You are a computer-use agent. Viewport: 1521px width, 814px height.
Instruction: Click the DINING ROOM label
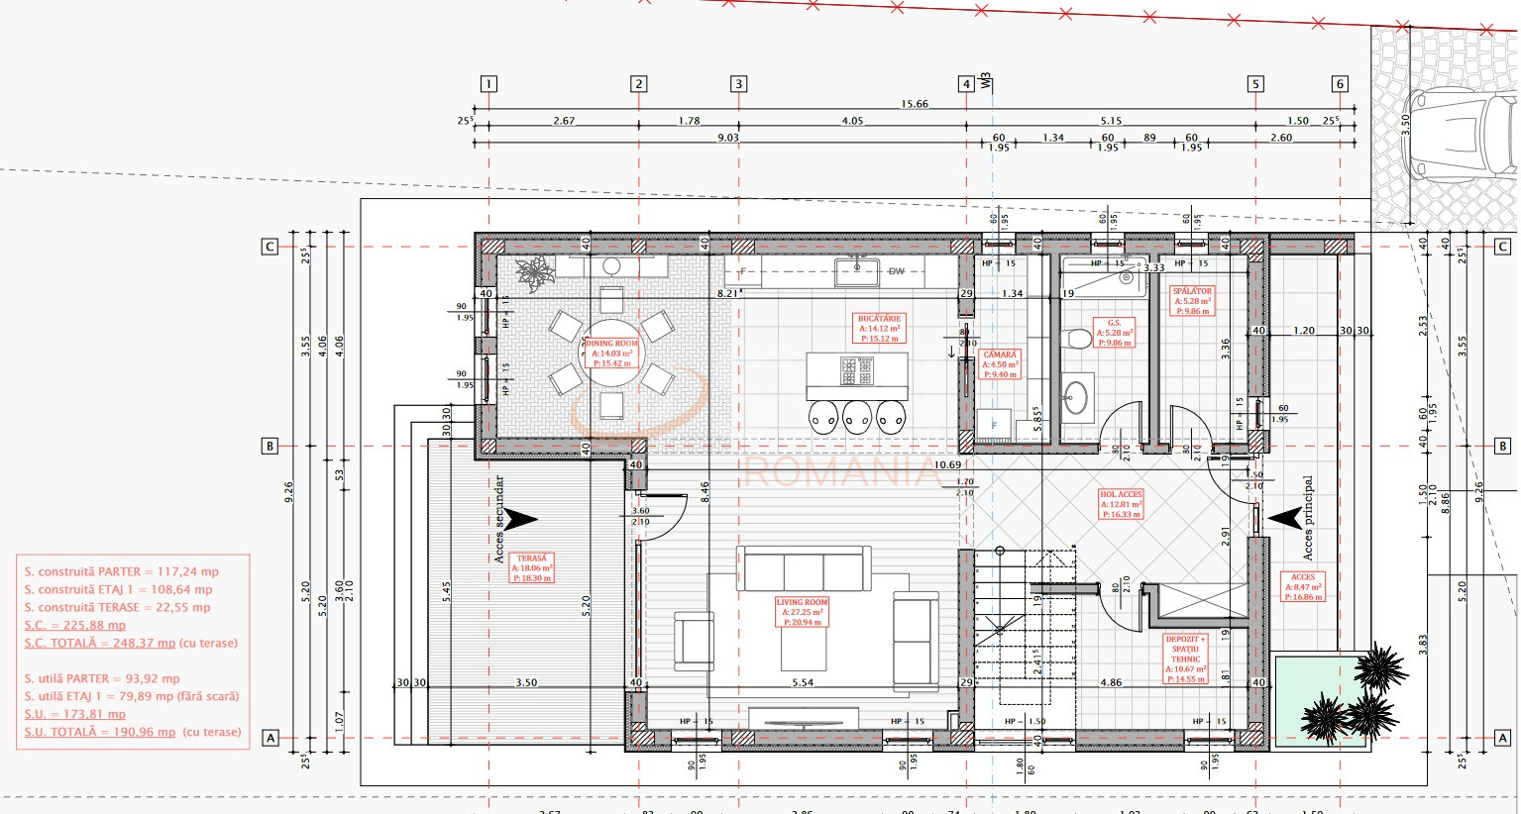click(611, 353)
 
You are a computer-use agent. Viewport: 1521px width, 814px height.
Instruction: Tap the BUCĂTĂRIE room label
click(879, 329)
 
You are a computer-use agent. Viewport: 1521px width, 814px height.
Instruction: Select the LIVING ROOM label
click(802, 612)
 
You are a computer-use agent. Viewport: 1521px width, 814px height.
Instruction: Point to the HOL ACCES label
click(1122, 504)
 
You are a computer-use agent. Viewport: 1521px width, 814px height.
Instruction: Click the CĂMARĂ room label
click(1000, 364)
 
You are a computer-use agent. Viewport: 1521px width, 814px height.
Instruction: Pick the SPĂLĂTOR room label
click(1192, 301)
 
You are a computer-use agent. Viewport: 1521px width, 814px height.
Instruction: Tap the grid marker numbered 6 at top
click(1340, 84)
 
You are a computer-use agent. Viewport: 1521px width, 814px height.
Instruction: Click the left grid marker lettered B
click(270, 446)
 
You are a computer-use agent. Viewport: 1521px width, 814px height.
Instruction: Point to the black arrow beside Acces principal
click(1285, 517)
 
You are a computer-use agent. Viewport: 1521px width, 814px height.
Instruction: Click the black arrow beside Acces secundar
click(519, 518)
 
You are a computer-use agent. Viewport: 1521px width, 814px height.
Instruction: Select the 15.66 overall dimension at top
click(914, 103)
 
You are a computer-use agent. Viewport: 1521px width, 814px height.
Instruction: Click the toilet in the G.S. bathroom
click(1074, 340)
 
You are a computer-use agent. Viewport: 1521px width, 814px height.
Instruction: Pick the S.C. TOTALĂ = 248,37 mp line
click(132, 643)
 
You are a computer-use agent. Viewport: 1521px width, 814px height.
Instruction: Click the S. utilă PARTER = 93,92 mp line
click(102, 678)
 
